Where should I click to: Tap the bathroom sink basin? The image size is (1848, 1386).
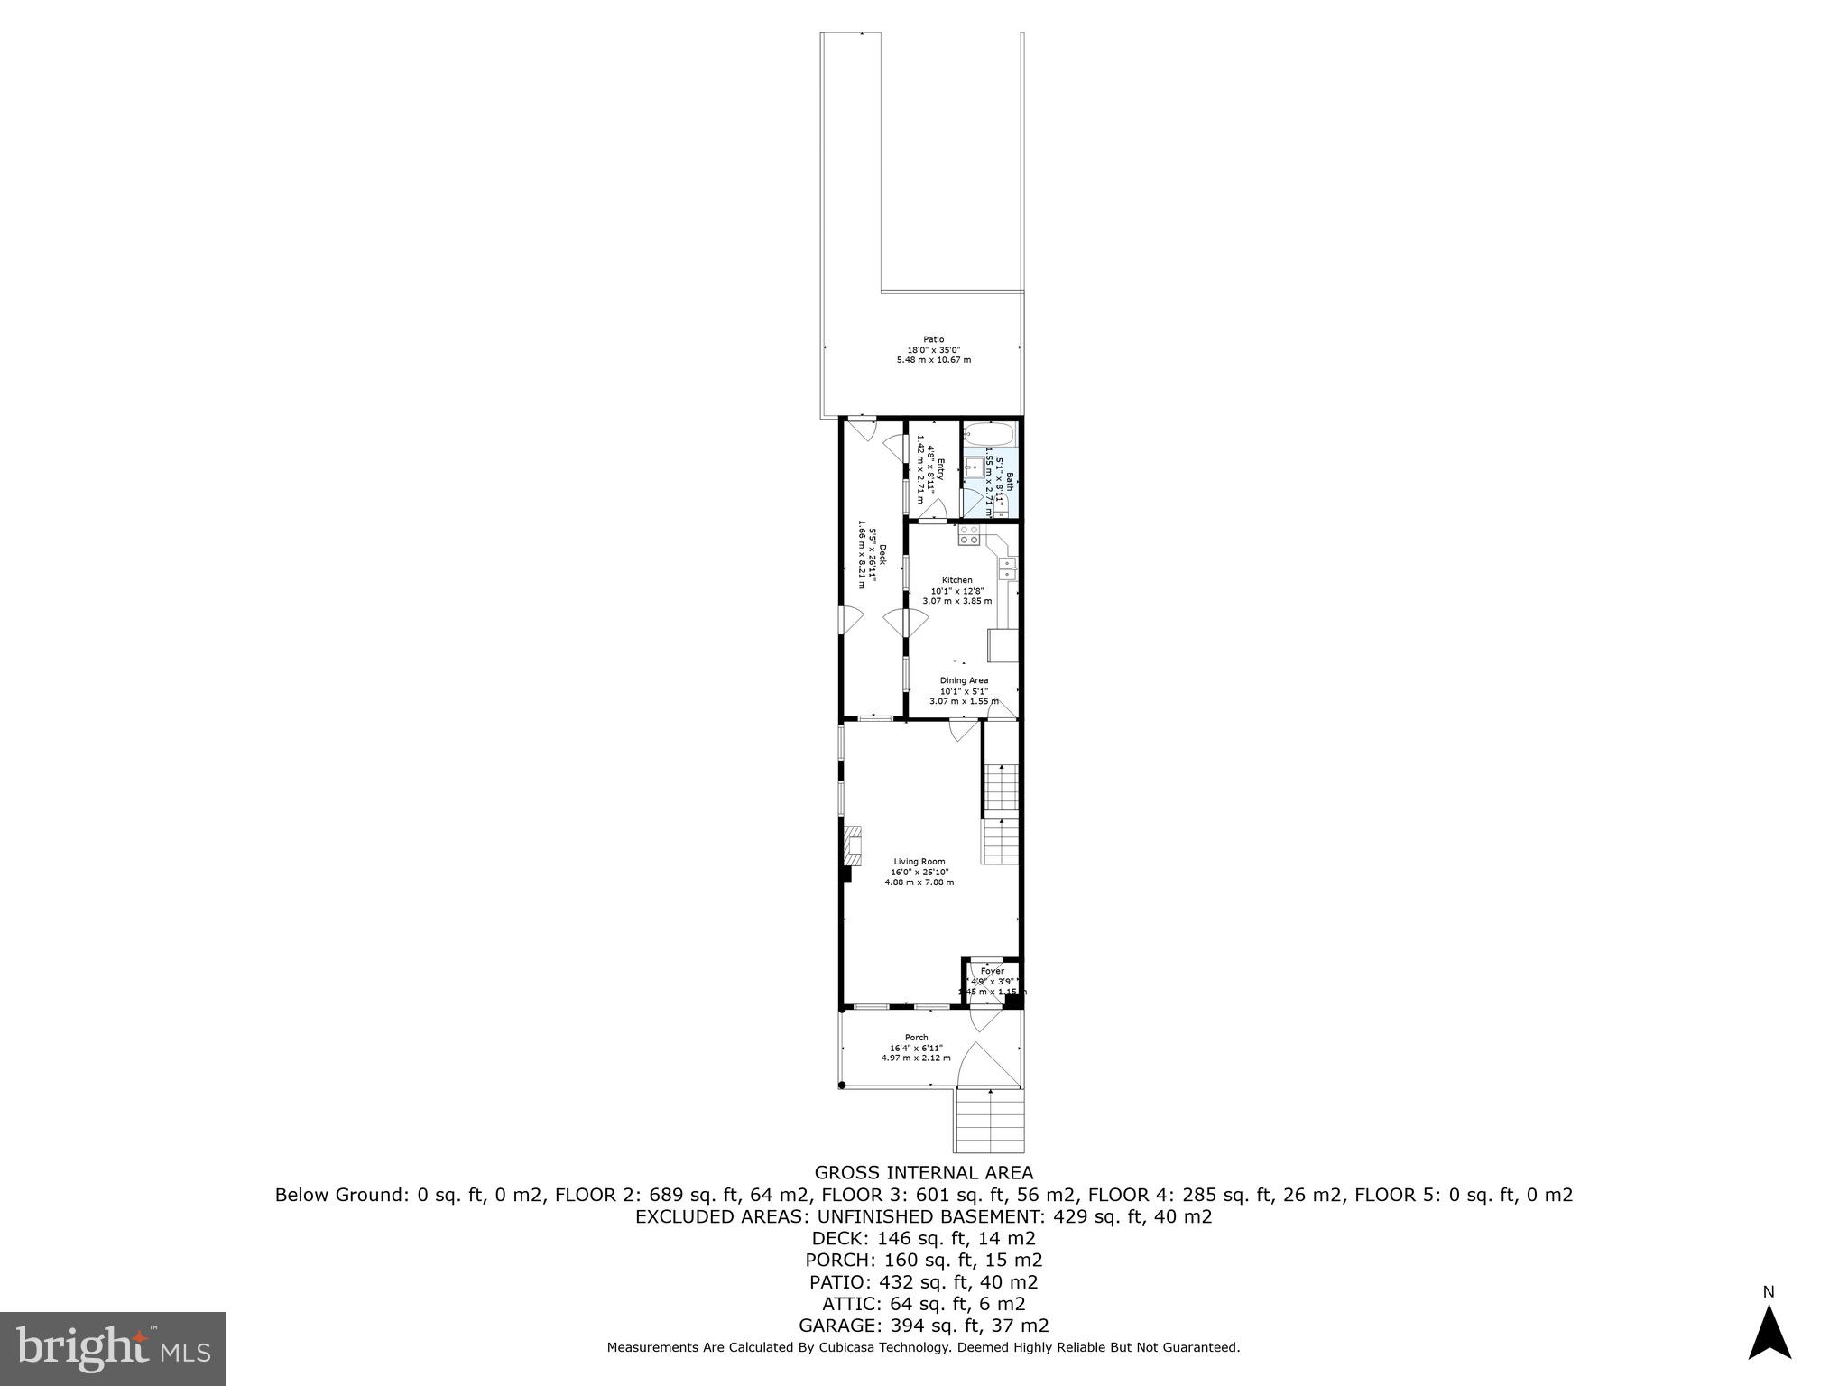tap(974, 467)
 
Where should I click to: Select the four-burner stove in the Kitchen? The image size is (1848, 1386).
tap(969, 534)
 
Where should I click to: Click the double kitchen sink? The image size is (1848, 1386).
tap(1007, 568)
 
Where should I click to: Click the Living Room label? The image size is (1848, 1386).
tap(919, 862)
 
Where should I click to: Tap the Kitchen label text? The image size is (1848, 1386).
tap(956, 580)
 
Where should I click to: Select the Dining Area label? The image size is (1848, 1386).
tap(964, 680)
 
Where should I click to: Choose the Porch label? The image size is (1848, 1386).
tap(916, 1038)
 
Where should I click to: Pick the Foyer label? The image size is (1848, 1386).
tap(992, 971)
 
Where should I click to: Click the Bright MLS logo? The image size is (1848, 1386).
tap(113, 1348)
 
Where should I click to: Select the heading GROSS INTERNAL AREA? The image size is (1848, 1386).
tap(923, 1173)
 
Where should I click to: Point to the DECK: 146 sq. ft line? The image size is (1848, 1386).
tap(923, 1238)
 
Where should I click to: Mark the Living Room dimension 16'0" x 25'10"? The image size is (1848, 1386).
tap(919, 872)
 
